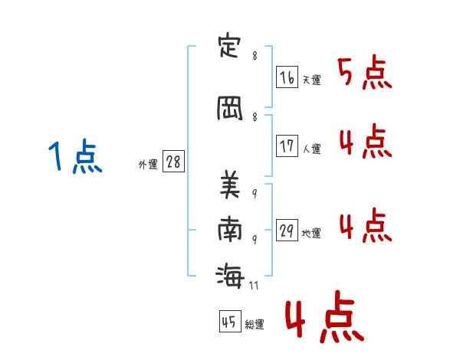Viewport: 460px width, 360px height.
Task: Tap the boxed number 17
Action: point(287,146)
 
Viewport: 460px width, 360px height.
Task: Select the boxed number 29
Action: point(287,231)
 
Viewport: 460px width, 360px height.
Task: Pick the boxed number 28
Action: point(172,162)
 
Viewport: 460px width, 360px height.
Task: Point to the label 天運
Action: point(311,80)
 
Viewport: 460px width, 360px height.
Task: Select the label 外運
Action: point(148,165)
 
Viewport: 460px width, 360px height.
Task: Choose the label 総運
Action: point(255,325)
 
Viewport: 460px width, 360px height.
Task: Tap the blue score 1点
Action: point(74,157)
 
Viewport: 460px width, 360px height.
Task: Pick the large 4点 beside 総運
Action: point(323,319)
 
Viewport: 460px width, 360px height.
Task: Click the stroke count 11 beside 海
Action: point(254,286)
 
